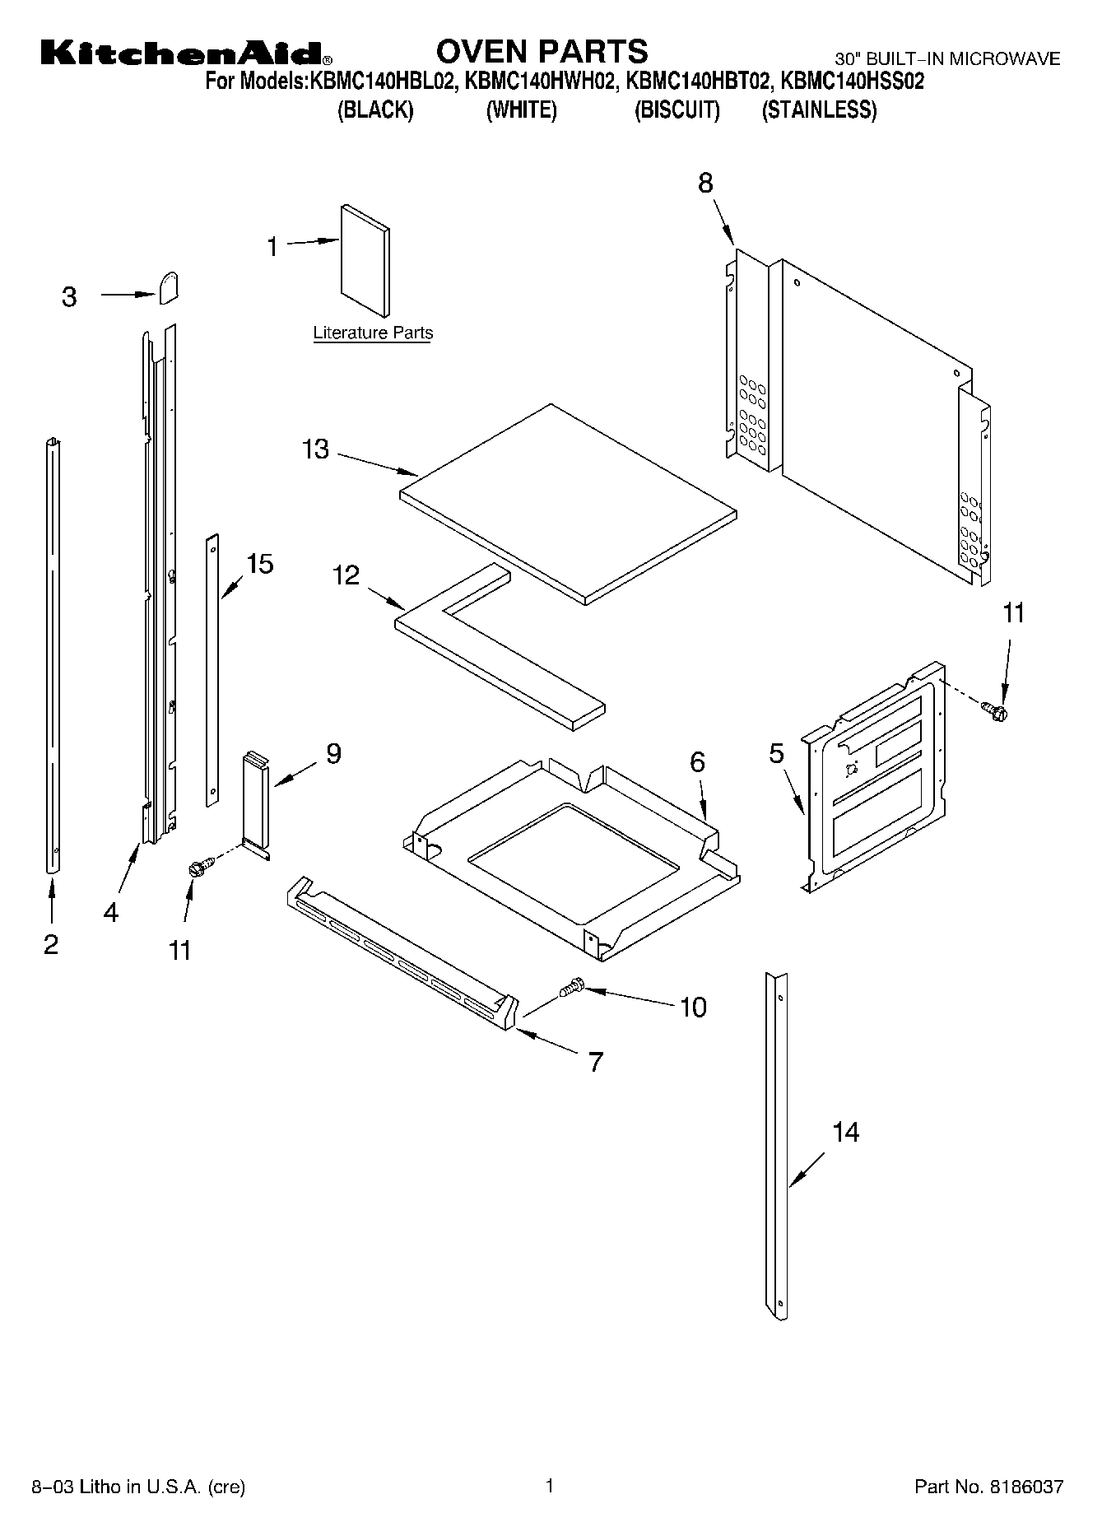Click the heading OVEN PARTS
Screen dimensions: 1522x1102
pyautogui.click(x=542, y=51)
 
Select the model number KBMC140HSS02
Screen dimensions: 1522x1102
pyautogui.click(x=852, y=81)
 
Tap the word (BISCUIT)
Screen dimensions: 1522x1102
pyautogui.click(x=677, y=110)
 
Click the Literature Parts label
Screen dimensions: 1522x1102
pyautogui.click(x=373, y=333)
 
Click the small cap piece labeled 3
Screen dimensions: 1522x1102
pyautogui.click(x=169, y=289)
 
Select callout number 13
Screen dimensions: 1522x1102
pyautogui.click(x=315, y=449)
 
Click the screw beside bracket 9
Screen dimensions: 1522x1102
pyautogui.click(x=200, y=866)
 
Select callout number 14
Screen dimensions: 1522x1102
pyautogui.click(x=845, y=1132)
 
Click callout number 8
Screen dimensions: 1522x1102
pyautogui.click(x=705, y=183)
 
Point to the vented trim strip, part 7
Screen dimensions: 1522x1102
pyautogui.click(x=403, y=954)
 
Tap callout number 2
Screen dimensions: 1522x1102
pyautogui.click(x=51, y=944)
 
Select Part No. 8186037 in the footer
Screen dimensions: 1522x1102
pyautogui.click(x=988, y=1487)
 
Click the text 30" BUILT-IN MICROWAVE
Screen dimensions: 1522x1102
pyautogui.click(x=947, y=59)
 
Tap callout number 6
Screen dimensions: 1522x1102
pyautogui.click(x=697, y=762)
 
